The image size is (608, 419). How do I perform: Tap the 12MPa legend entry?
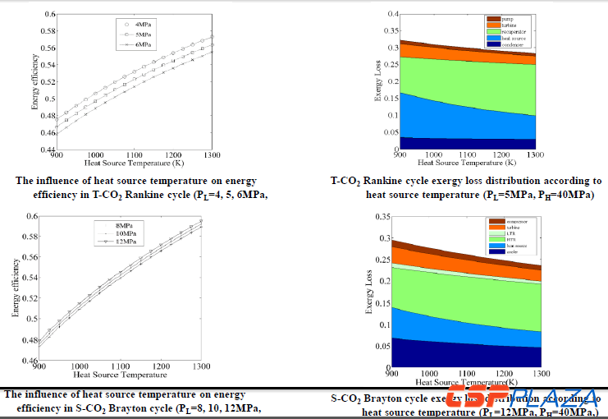126,243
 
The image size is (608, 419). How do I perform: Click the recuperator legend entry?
512,31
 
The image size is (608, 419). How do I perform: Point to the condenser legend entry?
511,44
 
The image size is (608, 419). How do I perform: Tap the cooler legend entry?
507,251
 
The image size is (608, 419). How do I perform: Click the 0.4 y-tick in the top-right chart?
387,15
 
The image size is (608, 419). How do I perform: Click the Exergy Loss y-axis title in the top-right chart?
377,82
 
